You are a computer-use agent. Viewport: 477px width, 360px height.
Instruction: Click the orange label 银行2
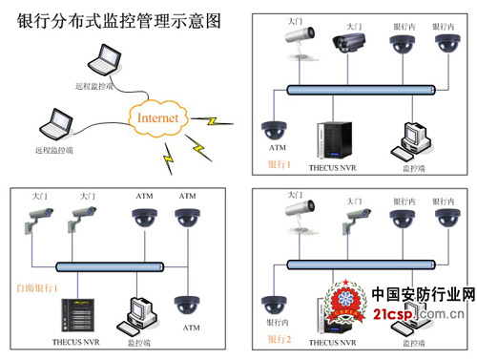click(279, 339)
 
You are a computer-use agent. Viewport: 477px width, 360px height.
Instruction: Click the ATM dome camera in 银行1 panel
click(277, 129)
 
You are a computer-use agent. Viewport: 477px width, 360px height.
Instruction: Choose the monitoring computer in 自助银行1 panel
click(142, 316)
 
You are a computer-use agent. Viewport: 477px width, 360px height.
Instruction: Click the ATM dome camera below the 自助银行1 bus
click(188, 305)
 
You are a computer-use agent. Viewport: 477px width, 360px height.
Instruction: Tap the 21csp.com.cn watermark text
click(420, 314)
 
